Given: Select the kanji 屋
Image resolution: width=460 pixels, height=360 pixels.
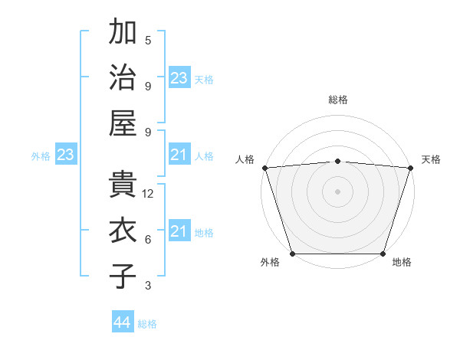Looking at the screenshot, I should pyautogui.click(x=123, y=123).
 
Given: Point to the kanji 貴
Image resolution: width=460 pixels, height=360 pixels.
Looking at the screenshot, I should pyautogui.click(x=123, y=185).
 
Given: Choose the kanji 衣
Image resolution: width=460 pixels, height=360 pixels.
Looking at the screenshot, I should pyautogui.click(x=123, y=231).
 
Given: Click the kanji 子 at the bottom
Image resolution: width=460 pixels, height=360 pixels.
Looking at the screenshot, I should pyautogui.click(x=123, y=277).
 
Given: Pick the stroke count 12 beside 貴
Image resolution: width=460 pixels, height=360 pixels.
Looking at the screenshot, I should pyautogui.click(x=149, y=194).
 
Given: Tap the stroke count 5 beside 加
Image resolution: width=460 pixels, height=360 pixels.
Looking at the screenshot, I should pyautogui.click(x=148, y=40).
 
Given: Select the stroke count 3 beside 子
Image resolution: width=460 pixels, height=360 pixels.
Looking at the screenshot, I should pyautogui.click(x=148, y=286).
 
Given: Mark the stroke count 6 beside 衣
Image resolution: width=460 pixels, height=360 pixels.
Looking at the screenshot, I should pyautogui.click(x=148, y=240).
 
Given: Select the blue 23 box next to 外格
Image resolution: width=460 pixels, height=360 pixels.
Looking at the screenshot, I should pyautogui.click(x=65, y=155).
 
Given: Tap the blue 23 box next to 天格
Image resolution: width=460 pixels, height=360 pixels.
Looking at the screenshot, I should pyautogui.click(x=179, y=78).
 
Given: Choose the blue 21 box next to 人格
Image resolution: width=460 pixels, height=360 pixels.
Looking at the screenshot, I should pyautogui.click(x=179, y=155).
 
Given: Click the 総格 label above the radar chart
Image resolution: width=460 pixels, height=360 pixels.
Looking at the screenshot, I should pyautogui.click(x=338, y=100).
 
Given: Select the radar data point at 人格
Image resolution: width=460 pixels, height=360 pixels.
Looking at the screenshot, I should pyautogui.click(x=264, y=168).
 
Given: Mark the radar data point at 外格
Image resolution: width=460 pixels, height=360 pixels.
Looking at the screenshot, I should pyautogui.click(x=292, y=254).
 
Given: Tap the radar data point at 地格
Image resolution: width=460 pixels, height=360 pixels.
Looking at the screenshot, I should pyautogui.click(x=383, y=254).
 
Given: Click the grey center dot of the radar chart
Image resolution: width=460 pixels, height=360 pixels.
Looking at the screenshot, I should pyautogui.click(x=338, y=191).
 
